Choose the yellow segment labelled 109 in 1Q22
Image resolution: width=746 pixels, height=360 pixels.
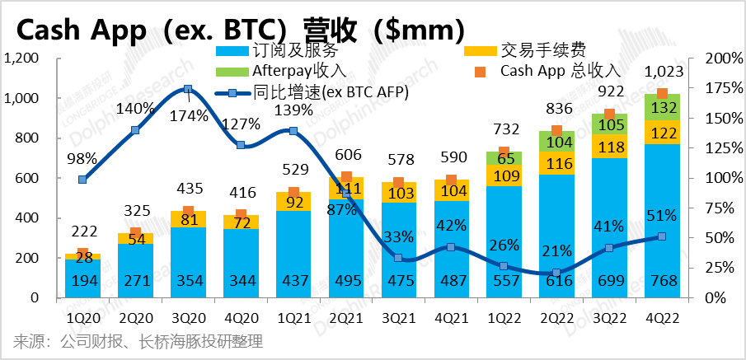click(x=504, y=175)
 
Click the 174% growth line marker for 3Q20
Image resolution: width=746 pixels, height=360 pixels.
click(x=188, y=89)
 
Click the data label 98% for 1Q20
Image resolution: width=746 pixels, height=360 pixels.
click(x=82, y=159)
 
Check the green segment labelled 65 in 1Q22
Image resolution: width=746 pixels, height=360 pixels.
click(x=504, y=157)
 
